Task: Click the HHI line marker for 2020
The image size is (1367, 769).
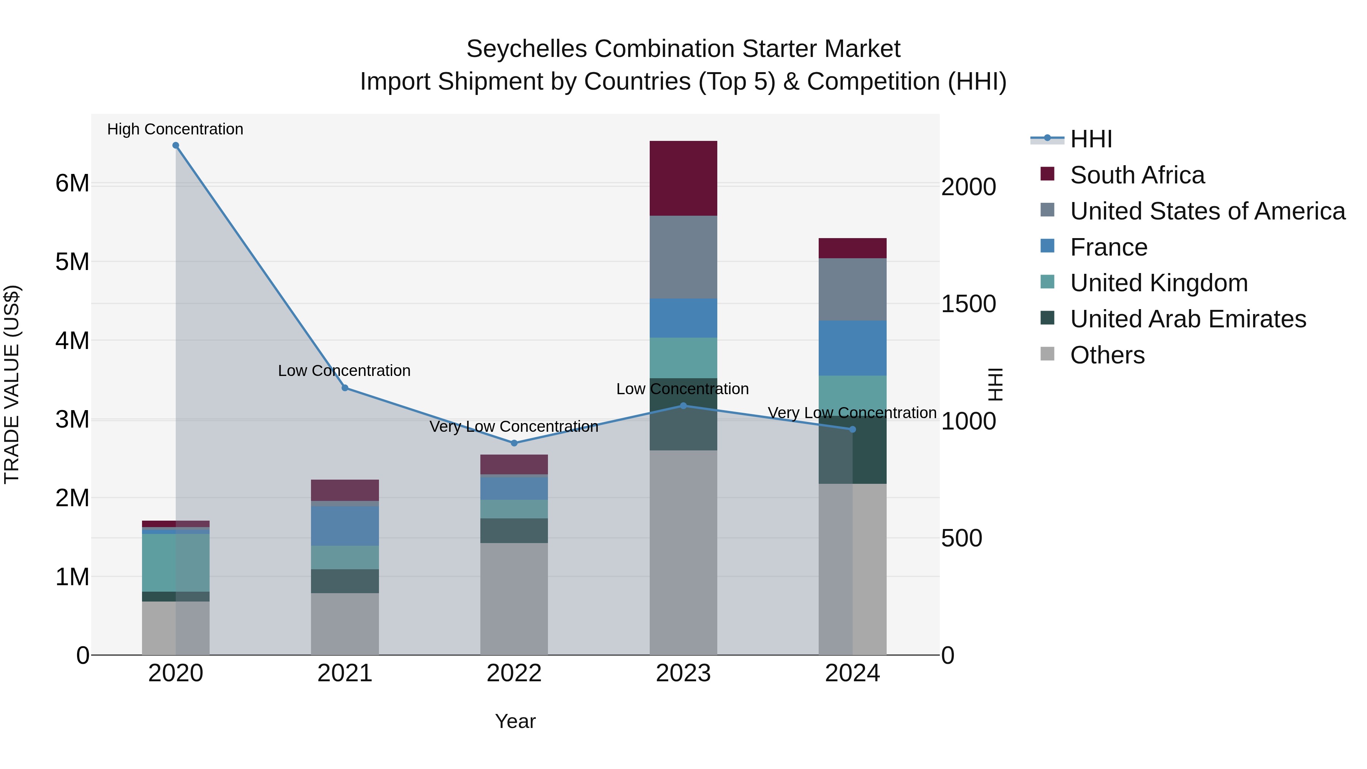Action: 176,145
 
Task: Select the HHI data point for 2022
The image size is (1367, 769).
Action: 514,443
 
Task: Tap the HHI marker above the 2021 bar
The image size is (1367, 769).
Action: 345,388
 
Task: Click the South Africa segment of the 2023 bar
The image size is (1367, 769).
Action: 683,178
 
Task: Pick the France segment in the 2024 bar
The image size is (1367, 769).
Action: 852,348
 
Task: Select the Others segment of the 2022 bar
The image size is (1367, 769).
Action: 514,598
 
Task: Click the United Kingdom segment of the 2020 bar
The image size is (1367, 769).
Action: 176,562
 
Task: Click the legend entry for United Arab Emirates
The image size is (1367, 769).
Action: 1188,319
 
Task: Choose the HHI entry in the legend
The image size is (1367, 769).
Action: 1091,139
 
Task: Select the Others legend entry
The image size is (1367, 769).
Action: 1107,355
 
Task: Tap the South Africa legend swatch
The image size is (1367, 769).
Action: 1048,174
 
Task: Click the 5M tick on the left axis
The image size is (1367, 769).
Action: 72,262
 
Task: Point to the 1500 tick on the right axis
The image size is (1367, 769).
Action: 968,304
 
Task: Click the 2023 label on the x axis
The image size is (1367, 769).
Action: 683,673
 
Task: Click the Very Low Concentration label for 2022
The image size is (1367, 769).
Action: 514,427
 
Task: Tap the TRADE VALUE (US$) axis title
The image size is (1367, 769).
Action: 12,384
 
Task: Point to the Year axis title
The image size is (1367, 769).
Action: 515,721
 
